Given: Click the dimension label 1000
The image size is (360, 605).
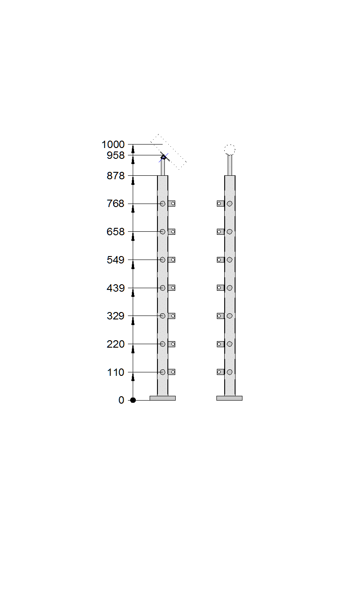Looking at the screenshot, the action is [x=113, y=145].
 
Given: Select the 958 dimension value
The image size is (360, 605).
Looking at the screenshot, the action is [x=116, y=155].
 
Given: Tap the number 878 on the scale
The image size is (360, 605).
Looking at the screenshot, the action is [x=116, y=176].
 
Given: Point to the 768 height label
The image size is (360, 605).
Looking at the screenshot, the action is [x=116, y=204].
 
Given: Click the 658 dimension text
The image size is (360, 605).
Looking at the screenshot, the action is [x=116, y=232].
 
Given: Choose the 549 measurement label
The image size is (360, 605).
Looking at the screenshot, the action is [x=116, y=260].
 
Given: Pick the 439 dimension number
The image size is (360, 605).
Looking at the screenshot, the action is [x=116, y=288].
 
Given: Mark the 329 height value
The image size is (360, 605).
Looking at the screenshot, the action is [x=116, y=316].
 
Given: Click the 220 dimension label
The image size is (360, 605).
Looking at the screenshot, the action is [x=116, y=344].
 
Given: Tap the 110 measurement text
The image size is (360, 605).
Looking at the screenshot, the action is [x=116, y=372].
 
